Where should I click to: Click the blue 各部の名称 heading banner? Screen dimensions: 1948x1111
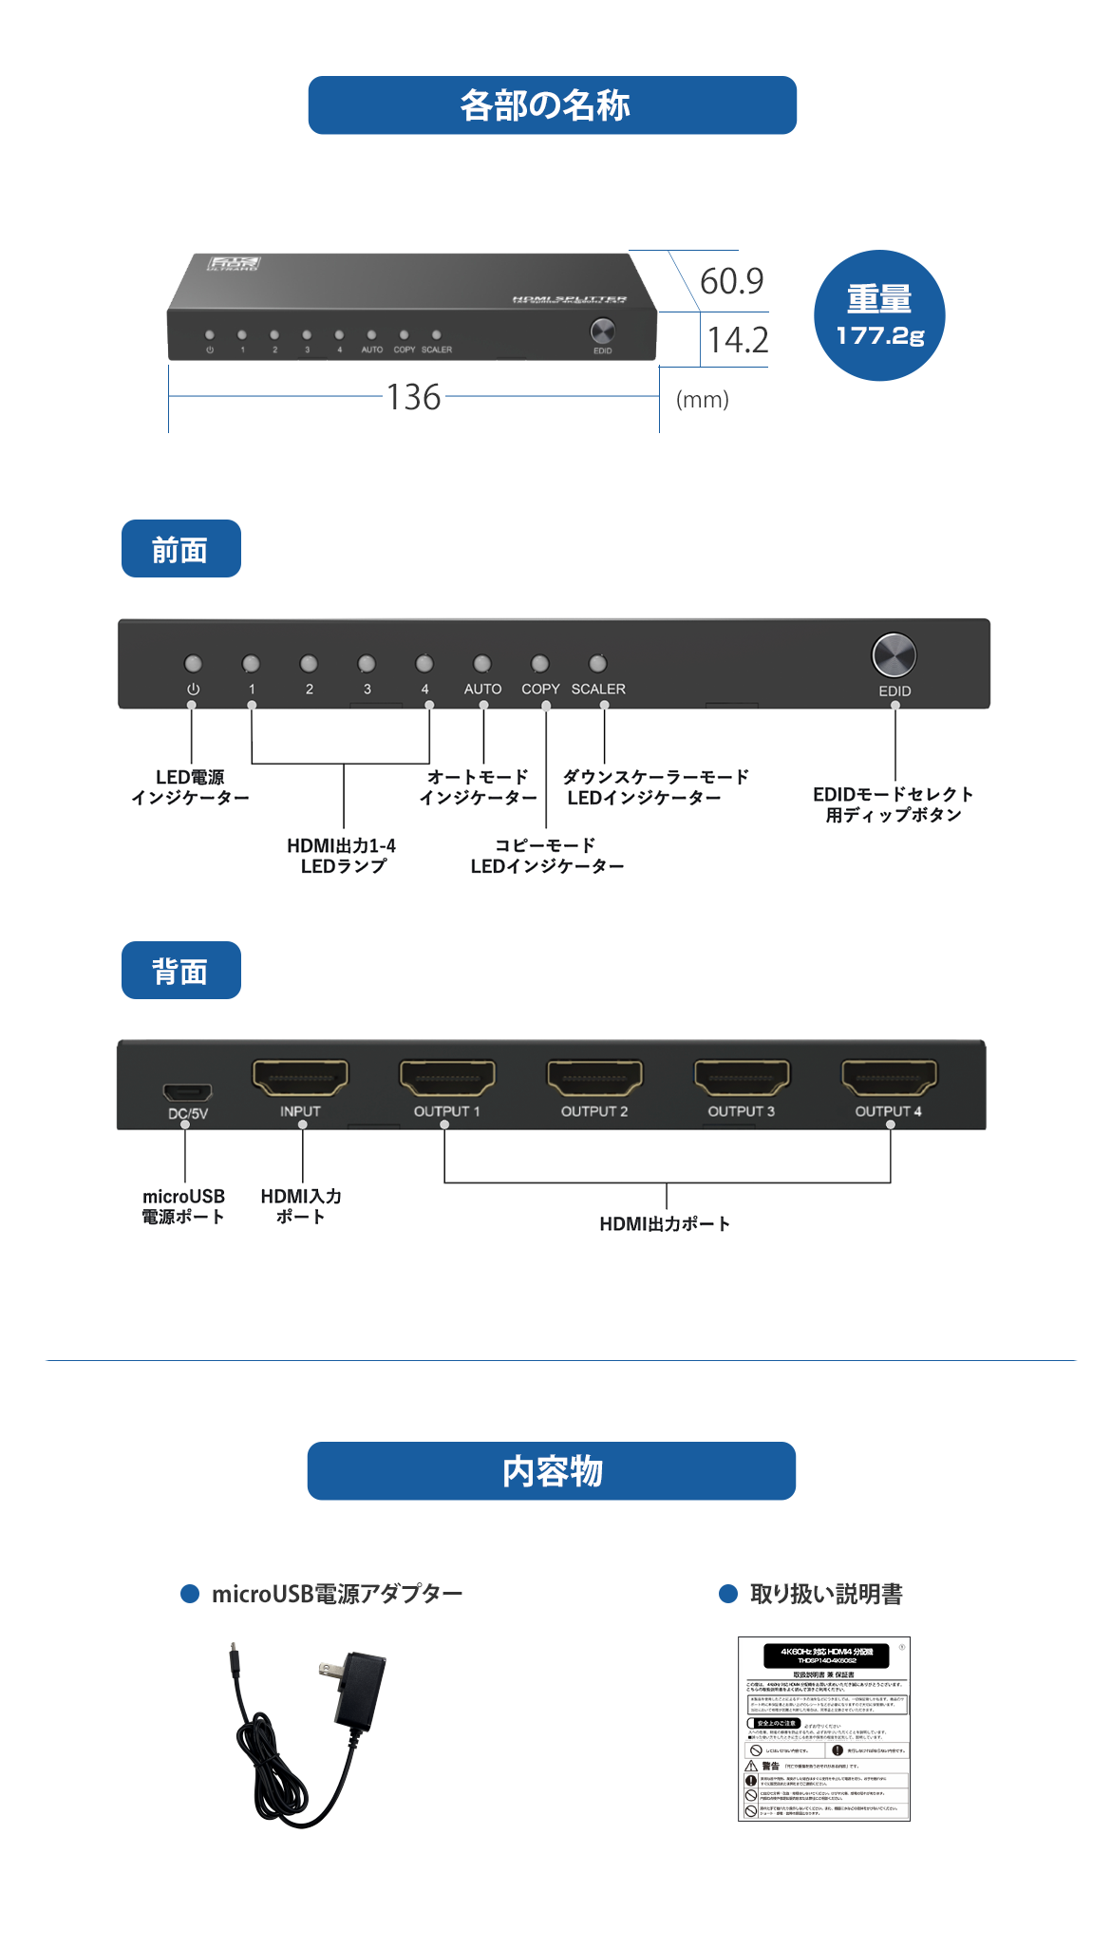tap(552, 105)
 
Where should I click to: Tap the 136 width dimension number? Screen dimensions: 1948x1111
tap(413, 397)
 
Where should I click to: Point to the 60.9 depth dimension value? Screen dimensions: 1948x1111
tap(731, 281)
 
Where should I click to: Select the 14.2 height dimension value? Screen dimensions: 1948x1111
tap(738, 340)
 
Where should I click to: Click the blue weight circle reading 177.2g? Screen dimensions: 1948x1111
tap(879, 315)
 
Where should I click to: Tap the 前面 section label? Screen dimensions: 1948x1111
tap(180, 549)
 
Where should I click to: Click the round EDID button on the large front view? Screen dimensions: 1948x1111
tap(894, 654)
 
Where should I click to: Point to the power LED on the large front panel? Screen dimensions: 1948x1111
tap(193, 663)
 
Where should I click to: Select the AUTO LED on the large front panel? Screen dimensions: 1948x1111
tap(482, 663)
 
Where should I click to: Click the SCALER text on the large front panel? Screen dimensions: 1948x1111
tap(598, 689)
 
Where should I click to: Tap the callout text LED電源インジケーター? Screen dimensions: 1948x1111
tap(190, 787)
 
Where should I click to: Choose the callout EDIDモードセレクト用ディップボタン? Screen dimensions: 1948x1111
tap(893, 804)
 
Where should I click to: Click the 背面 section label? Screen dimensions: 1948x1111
tap(180, 971)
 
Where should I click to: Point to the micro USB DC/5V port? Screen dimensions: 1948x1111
tap(187, 1091)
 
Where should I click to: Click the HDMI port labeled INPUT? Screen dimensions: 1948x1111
tap(300, 1078)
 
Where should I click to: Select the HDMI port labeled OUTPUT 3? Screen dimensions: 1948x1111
tap(742, 1078)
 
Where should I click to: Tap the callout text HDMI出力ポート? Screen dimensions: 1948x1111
tap(665, 1223)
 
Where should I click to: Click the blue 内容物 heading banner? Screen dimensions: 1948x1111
tap(552, 1471)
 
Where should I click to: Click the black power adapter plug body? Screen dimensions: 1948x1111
tap(362, 1689)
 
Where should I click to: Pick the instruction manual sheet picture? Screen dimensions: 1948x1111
tap(823, 1729)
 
